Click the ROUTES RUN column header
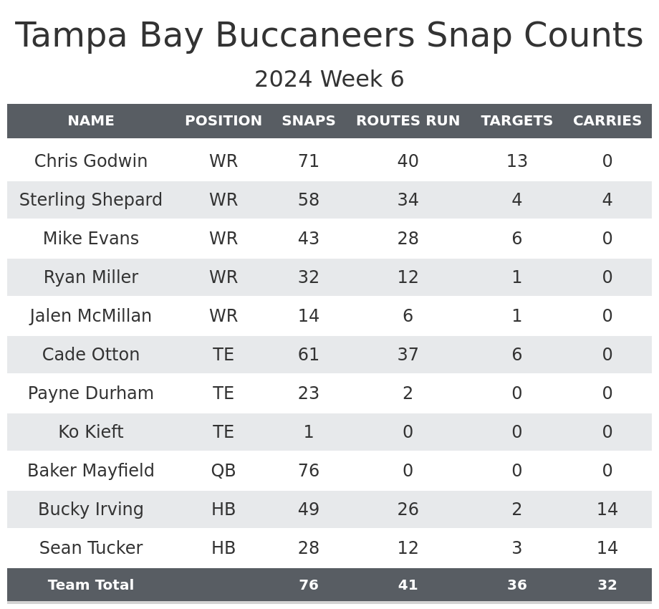click(408, 121)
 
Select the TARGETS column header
click(516, 121)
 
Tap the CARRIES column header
click(607, 121)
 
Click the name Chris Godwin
click(91, 161)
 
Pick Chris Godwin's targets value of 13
click(516, 161)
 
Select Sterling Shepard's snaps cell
click(309, 200)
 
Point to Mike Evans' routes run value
click(408, 239)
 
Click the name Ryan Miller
click(91, 277)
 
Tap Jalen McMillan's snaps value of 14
click(309, 316)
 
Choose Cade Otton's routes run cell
click(408, 355)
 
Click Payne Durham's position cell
click(223, 393)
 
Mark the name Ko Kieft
click(91, 432)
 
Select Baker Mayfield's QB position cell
click(223, 471)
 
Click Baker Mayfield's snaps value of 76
click(309, 471)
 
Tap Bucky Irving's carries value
click(607, 509)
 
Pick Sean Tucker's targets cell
click(516, 548)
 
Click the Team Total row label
click(91, 585)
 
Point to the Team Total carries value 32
click(607, 585)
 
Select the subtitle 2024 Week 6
click(329, 80)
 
